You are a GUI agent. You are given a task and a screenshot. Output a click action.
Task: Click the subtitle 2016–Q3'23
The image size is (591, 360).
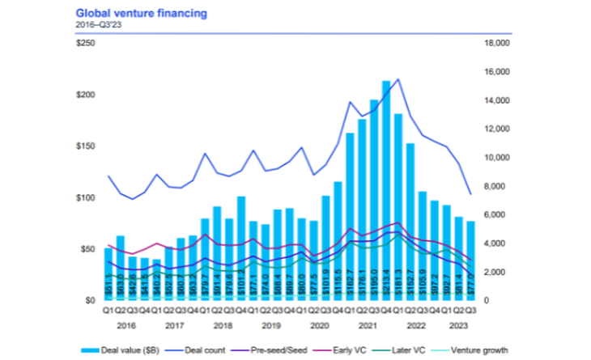[x=94, y=25]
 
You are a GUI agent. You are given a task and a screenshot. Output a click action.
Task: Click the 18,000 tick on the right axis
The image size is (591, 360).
[x=495, y=43]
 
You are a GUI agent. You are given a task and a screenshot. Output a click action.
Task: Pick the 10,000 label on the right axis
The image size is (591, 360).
[x=495, y=158]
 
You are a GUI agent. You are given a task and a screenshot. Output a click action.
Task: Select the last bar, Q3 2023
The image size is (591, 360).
[x=470, y=260]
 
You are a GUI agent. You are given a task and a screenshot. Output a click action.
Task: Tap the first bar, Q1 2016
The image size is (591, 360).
[x=109, y=273]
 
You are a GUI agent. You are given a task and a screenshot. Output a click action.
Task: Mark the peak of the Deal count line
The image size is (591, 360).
[x=398, y=79]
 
